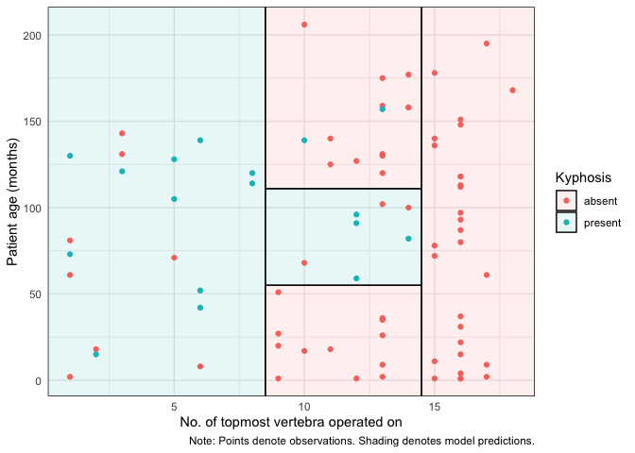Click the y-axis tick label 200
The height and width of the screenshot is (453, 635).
(31, 35)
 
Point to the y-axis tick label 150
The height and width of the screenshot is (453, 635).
(31, 122)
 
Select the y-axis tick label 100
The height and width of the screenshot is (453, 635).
(31, 208)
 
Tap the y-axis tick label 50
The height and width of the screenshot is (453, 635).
(34, 294)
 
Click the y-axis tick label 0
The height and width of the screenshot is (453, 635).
(37, 380)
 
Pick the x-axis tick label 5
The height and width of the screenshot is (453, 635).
(174, 406)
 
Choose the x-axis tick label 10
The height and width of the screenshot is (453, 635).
(304, 406)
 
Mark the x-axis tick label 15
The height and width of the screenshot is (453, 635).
(435, 406)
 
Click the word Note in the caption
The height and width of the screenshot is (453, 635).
(202, 441)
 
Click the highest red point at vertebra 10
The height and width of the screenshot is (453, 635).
(304, 25)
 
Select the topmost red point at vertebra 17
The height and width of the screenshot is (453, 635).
(487, 43)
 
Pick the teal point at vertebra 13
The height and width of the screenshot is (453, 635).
(383, 109)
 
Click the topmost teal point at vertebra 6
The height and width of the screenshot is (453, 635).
(200, 141)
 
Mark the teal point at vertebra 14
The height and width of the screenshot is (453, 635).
(408, 239)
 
